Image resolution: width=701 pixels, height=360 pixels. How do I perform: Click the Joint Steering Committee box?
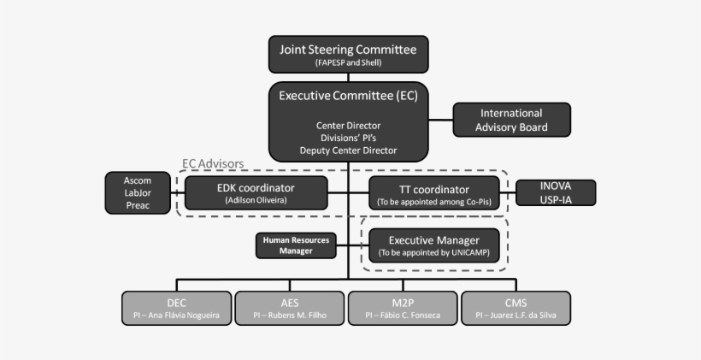[x=348, y=55]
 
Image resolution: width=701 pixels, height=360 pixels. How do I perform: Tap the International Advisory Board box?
[x=511, y=120]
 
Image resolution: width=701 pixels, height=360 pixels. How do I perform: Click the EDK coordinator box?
[x=256, y=192]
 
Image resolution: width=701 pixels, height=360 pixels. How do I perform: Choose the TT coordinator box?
[x=434, y=192]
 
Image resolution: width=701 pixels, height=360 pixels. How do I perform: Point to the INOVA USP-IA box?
[x=556, y=192]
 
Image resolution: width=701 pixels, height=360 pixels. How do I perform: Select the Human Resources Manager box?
[x=295, y=245]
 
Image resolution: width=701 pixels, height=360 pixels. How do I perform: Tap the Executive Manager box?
[x=433, y=245]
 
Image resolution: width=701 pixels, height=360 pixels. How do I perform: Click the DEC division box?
[x=176, y=308]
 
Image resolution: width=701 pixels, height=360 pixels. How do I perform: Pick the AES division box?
[x=289, y=308]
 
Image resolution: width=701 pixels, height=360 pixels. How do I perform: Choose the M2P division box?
[x=403, y=308]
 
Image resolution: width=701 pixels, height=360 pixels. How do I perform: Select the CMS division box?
[x=515, y=308]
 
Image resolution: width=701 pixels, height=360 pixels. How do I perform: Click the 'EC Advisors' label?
[x=213, y=163]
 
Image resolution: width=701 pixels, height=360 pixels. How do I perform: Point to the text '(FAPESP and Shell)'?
[x=348, y=62]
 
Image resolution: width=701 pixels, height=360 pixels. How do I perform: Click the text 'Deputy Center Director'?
[x=348, y=150]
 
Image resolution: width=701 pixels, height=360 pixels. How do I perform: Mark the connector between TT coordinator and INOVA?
[x=508, y=192]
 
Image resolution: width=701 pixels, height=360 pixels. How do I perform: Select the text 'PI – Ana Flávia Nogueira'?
[x=176, y=316]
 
